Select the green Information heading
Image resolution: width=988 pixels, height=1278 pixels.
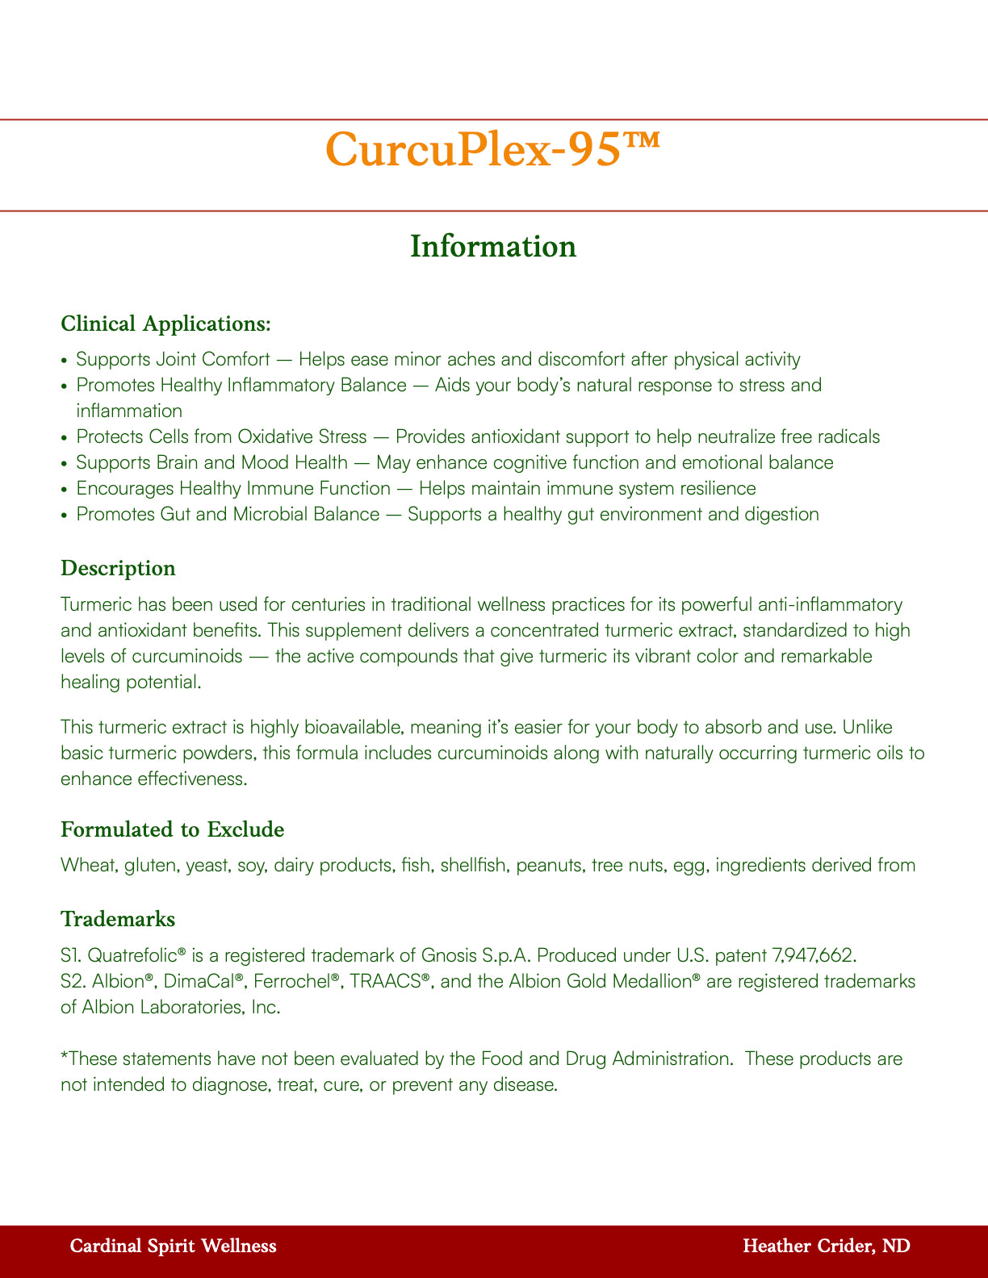pyautogui.click(x=493, y=247)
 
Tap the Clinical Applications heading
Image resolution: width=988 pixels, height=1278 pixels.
pyautogui.click(x=165, y=324)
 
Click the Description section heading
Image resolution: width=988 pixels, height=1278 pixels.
pyautogui.click(x=118, y=569)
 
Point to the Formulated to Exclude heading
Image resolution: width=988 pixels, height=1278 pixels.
pyautogui.click(x=173, y=829)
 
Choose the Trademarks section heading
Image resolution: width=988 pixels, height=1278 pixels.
pyautogui.click(x=118, y=919)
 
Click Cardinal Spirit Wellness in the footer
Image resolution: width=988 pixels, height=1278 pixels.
pyautogui.click(x=174, y=1247)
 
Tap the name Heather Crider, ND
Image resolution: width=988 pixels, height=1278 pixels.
pyautogui.click(x=826, y=1247)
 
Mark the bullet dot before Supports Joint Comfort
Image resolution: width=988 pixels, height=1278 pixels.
pyautogui.click(x=65, y=360)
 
